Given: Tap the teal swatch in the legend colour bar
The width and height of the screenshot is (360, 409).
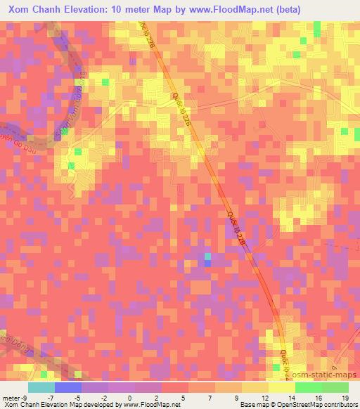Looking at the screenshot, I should (x=41, y=387).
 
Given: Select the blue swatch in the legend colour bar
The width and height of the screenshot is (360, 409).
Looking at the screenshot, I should (x=68, y=387).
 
